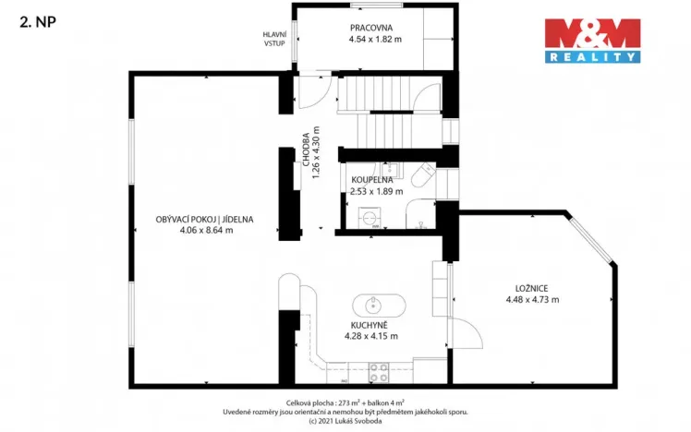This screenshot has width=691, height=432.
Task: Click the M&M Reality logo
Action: [x=591, y=41]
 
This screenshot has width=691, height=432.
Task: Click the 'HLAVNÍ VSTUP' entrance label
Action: [x=274, y=38]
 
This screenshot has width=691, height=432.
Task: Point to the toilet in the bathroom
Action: [x=424, y=175]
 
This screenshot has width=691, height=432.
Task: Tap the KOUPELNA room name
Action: [x=371, y=180]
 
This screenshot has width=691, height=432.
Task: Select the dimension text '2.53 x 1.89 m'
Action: [x=376, y=192]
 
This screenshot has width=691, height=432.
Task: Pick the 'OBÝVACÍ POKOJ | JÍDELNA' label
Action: [x=204, y=220]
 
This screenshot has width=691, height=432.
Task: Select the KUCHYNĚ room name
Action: [x=370, y=325]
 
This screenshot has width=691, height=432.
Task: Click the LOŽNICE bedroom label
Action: [x=531, y=287]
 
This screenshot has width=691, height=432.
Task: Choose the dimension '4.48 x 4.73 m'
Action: [x=532, y=299]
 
